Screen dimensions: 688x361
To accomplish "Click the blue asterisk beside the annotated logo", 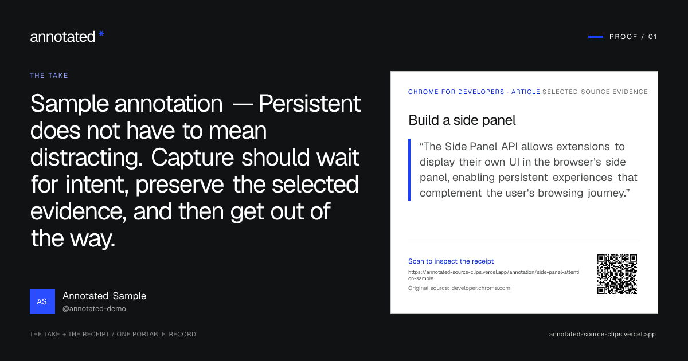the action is [101, 34].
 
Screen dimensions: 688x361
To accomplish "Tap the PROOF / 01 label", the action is [633, 37].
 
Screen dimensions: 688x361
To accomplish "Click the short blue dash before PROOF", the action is [596, 37].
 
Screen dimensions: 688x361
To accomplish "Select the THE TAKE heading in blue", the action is [49, 76].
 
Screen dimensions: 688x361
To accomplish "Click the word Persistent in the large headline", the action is [310, 104].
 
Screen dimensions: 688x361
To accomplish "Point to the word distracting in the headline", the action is [87, 158].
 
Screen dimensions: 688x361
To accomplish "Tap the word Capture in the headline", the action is [192, 158].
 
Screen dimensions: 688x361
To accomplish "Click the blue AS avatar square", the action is [42, 301].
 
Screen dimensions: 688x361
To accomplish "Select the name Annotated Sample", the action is [104, 296].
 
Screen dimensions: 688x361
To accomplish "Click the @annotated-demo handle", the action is [94, 309].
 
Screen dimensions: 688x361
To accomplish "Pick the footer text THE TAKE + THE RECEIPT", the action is [70, 334].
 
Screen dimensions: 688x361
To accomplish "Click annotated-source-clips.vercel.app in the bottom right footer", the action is [603, 334].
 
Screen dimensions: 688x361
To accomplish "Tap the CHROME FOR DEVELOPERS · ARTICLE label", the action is [474, 92].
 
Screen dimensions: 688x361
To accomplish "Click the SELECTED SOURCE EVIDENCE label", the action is [595, 92].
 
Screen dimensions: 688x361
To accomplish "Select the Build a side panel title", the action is [462, 120].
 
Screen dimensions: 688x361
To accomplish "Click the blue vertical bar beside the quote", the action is [409, 170].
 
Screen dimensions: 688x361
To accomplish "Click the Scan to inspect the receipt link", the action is [451, 261].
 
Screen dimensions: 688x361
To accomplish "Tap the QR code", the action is [617, 274].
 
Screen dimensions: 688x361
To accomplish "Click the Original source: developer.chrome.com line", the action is [459, 288].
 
